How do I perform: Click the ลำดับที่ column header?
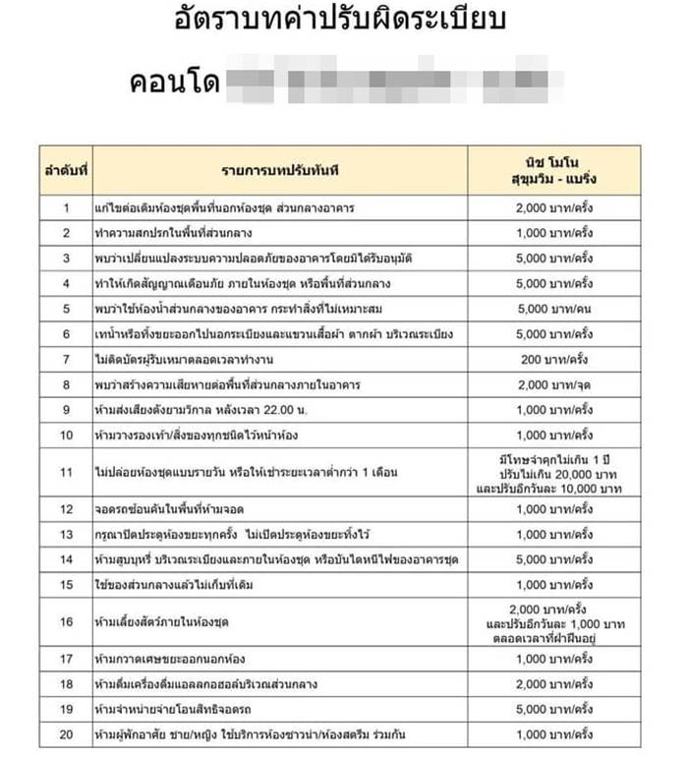65,171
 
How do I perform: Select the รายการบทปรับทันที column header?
280,171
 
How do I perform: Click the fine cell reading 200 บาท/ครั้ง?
554,360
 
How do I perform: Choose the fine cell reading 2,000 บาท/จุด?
554,384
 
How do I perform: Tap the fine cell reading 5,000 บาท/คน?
554,309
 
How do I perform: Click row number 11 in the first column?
66,473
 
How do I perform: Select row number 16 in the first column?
66,621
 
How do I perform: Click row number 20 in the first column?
66,734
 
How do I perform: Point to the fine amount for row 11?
554,473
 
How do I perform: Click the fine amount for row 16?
554,621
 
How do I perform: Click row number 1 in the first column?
66,208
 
